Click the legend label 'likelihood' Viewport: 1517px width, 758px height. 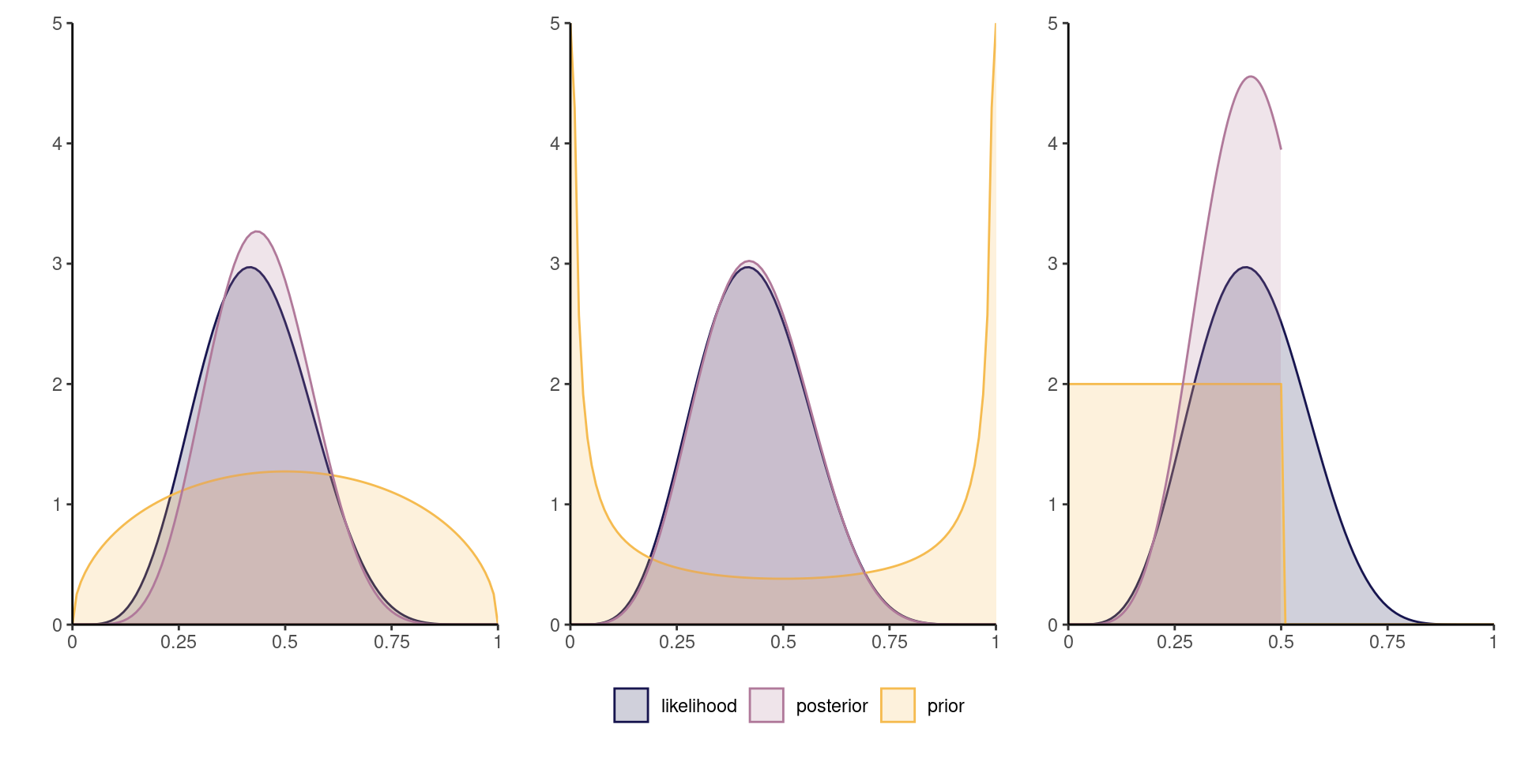click(698, 706)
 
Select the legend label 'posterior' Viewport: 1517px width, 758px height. click(831, 706)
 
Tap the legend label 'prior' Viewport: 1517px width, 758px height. click(945, 706)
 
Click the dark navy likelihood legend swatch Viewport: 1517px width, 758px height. click(631, 705)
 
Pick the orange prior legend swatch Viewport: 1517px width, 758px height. click(898, 705)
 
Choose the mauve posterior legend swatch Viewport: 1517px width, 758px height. click(766, 705)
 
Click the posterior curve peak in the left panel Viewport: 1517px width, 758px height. click(258, 232)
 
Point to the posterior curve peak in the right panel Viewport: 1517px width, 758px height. click(1251, 77)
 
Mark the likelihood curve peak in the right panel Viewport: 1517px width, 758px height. click(1246, 267)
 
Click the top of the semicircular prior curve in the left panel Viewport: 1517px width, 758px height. click(285, 471)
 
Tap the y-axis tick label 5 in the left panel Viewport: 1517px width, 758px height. click(57, 24)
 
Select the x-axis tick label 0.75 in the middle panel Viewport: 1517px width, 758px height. click(890, 643)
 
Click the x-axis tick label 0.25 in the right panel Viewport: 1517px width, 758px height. click(1175, 643)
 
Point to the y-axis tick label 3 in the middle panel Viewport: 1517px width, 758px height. click(555, 264)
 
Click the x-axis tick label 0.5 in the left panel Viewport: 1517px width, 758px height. click(285, 643)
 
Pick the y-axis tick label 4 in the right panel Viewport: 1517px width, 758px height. click(1052, 144)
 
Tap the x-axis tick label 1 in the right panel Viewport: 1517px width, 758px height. click(1493, 643)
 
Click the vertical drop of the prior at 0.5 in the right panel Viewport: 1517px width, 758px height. click(1282, 505)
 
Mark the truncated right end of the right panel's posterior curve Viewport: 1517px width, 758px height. click(1281, 148)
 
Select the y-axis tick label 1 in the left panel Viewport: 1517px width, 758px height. click(57, 505)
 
